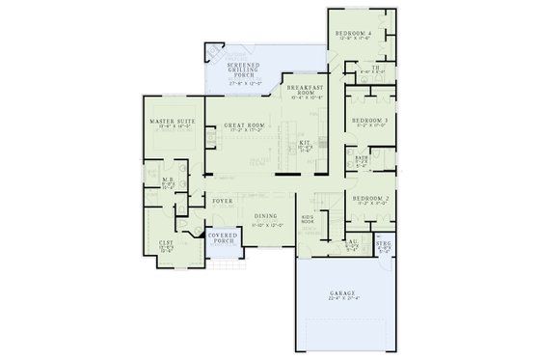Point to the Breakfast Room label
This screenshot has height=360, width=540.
[308, 88]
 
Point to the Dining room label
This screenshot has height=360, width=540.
[267, 216]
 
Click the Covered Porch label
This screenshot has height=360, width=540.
[225, 237]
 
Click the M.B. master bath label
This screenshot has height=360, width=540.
[167, 180]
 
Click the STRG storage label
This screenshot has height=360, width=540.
[385, 245]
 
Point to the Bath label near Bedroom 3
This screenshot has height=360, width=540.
[362, 156]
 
